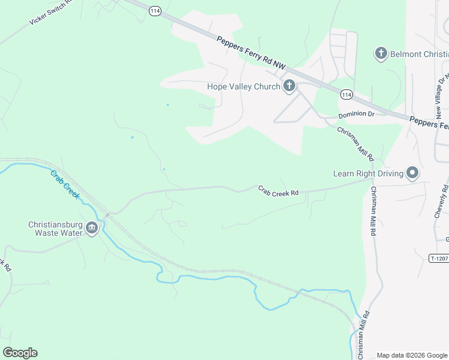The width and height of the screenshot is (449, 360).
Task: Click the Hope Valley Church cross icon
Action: point(289,86)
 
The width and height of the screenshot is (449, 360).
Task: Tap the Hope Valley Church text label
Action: point(244,86)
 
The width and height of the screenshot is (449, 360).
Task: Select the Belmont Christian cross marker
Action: point(380,54)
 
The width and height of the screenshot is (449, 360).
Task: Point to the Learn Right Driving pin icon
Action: point(412,173)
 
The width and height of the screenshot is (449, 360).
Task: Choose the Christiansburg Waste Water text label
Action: point(55,229)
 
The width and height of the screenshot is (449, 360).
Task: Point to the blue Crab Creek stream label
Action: point(64,185)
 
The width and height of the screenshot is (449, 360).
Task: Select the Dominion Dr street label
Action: point(356,114)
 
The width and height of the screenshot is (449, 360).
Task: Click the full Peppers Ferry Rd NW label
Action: point(251,51)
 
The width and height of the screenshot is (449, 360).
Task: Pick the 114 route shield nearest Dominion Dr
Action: point(346,94)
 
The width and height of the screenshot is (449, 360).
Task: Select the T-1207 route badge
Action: point(439,258)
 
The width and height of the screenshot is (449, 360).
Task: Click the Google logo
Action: point(20,353)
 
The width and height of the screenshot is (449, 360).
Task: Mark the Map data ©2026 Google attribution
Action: point(411,355)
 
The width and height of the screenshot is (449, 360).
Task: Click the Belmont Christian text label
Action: point(419,54)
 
